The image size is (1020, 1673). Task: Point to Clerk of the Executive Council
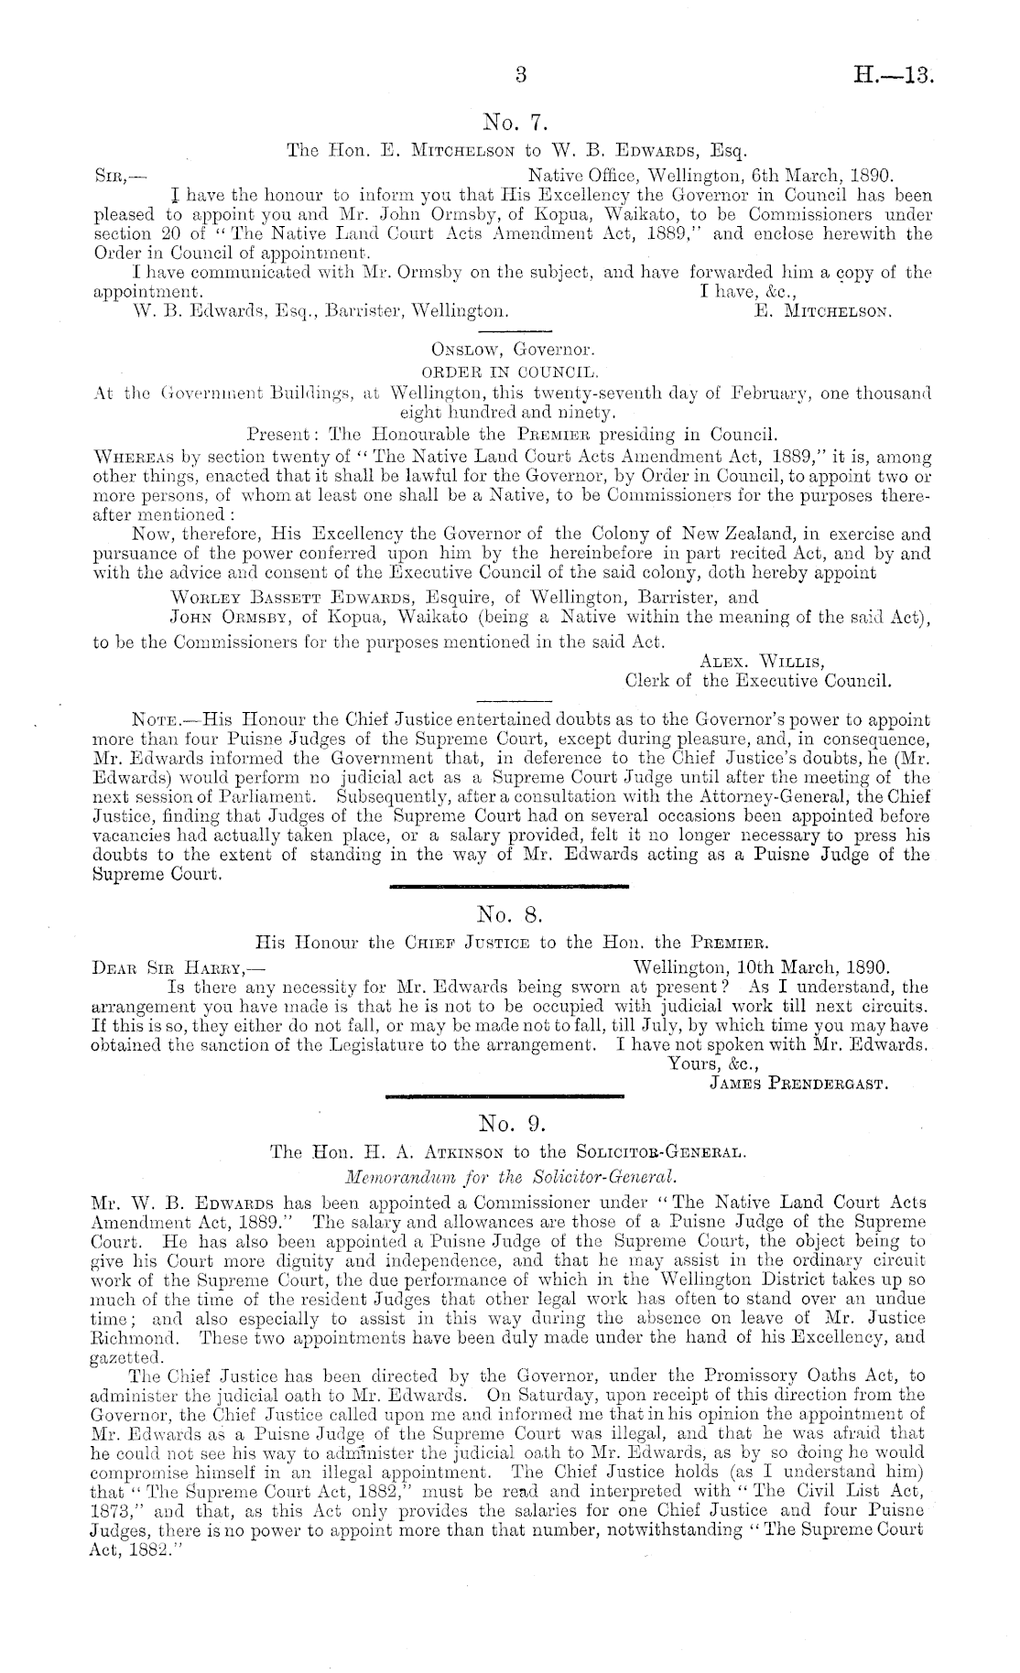(x=758, y=680)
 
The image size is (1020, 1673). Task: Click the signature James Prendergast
(x=800, y=1085)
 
